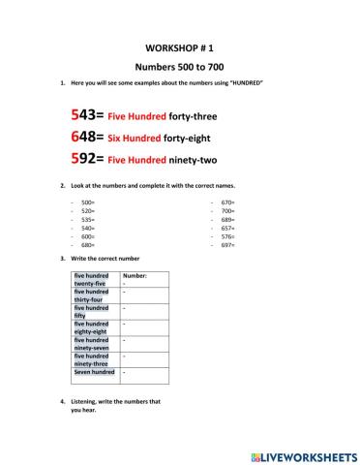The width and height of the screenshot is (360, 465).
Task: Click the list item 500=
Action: coord(87,202)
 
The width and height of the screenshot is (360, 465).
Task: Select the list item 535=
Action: coord(87,220)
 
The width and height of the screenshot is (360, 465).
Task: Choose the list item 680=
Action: coord(87,245)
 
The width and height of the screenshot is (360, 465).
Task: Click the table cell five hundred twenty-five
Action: coord(92,280)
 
